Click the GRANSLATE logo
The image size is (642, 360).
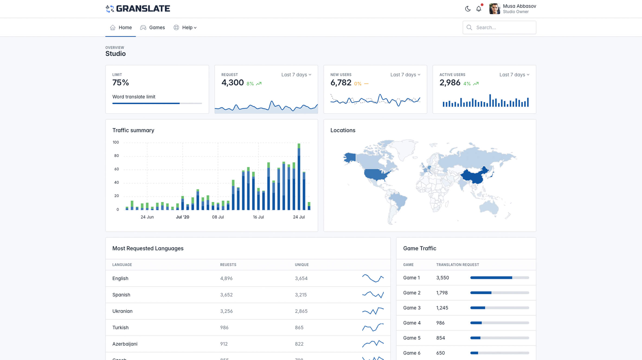(x=138, y=9)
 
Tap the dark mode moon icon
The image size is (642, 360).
(x=468, y=9)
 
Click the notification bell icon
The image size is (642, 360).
(x=479, y=9)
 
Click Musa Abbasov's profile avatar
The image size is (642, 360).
(x=495, y=9)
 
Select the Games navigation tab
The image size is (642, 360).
(x=152, y=27)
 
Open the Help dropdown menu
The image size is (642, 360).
(x=185, y=27)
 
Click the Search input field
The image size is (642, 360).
(x=499, y=27)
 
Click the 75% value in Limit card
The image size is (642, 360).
(x=121, y=82)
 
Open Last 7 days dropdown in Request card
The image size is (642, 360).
(x=296, y=75)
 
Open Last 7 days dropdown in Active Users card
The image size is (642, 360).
(x=514, y=75)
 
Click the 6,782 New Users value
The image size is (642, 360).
(x=341, y=82)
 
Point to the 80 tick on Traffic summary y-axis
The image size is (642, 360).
(x=116, y=156)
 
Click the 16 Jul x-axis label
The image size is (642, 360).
(x=258, y=217)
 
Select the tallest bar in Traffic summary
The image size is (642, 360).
(x=299, y=176)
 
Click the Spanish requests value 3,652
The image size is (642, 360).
(x=226, y=295)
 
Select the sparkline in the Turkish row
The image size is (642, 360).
(x=373, y=327)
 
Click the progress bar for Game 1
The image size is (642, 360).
(x=499, y=278)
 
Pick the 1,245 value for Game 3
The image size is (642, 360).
(x=442, y=308)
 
